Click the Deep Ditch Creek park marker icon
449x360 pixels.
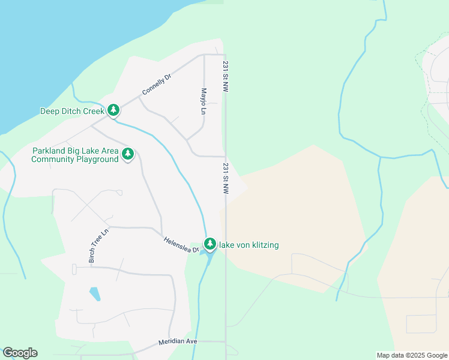113,110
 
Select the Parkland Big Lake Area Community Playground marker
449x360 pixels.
128,154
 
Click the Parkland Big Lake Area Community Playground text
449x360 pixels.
75,155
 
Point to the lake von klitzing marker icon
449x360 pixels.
209,244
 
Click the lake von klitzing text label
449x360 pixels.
249,245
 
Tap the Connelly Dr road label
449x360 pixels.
152,85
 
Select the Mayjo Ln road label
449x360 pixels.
204,102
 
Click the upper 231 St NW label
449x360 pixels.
226,76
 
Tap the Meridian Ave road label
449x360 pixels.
178,341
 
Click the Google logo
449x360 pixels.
20,353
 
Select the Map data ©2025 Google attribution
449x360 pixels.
412,355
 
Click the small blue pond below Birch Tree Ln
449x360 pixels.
95,294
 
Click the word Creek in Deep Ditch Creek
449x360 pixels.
91,111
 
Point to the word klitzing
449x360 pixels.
262,245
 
